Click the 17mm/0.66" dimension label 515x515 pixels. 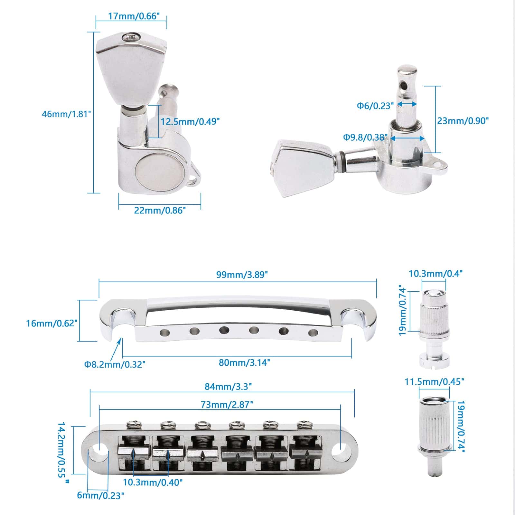tap(134, 16)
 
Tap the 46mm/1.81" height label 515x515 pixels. tap(67, 114)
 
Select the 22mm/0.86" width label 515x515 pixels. tap(160, 210)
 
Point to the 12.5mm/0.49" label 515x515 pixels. tap(191, 122)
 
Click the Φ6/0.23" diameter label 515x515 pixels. tap(375, 106)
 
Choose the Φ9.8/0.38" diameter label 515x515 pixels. tap(364, 137)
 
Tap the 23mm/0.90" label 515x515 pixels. tap(463, 121)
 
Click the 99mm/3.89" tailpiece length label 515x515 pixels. tap(242, 275)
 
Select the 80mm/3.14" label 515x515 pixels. tap(244, 362)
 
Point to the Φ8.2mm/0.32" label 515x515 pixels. tap(115, 364)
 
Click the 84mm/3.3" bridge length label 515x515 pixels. tap(228, 386)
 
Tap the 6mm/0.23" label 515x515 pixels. tap(100, 504)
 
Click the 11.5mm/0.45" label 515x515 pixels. tap(434, 382)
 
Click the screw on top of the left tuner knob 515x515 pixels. tap(131, 38)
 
